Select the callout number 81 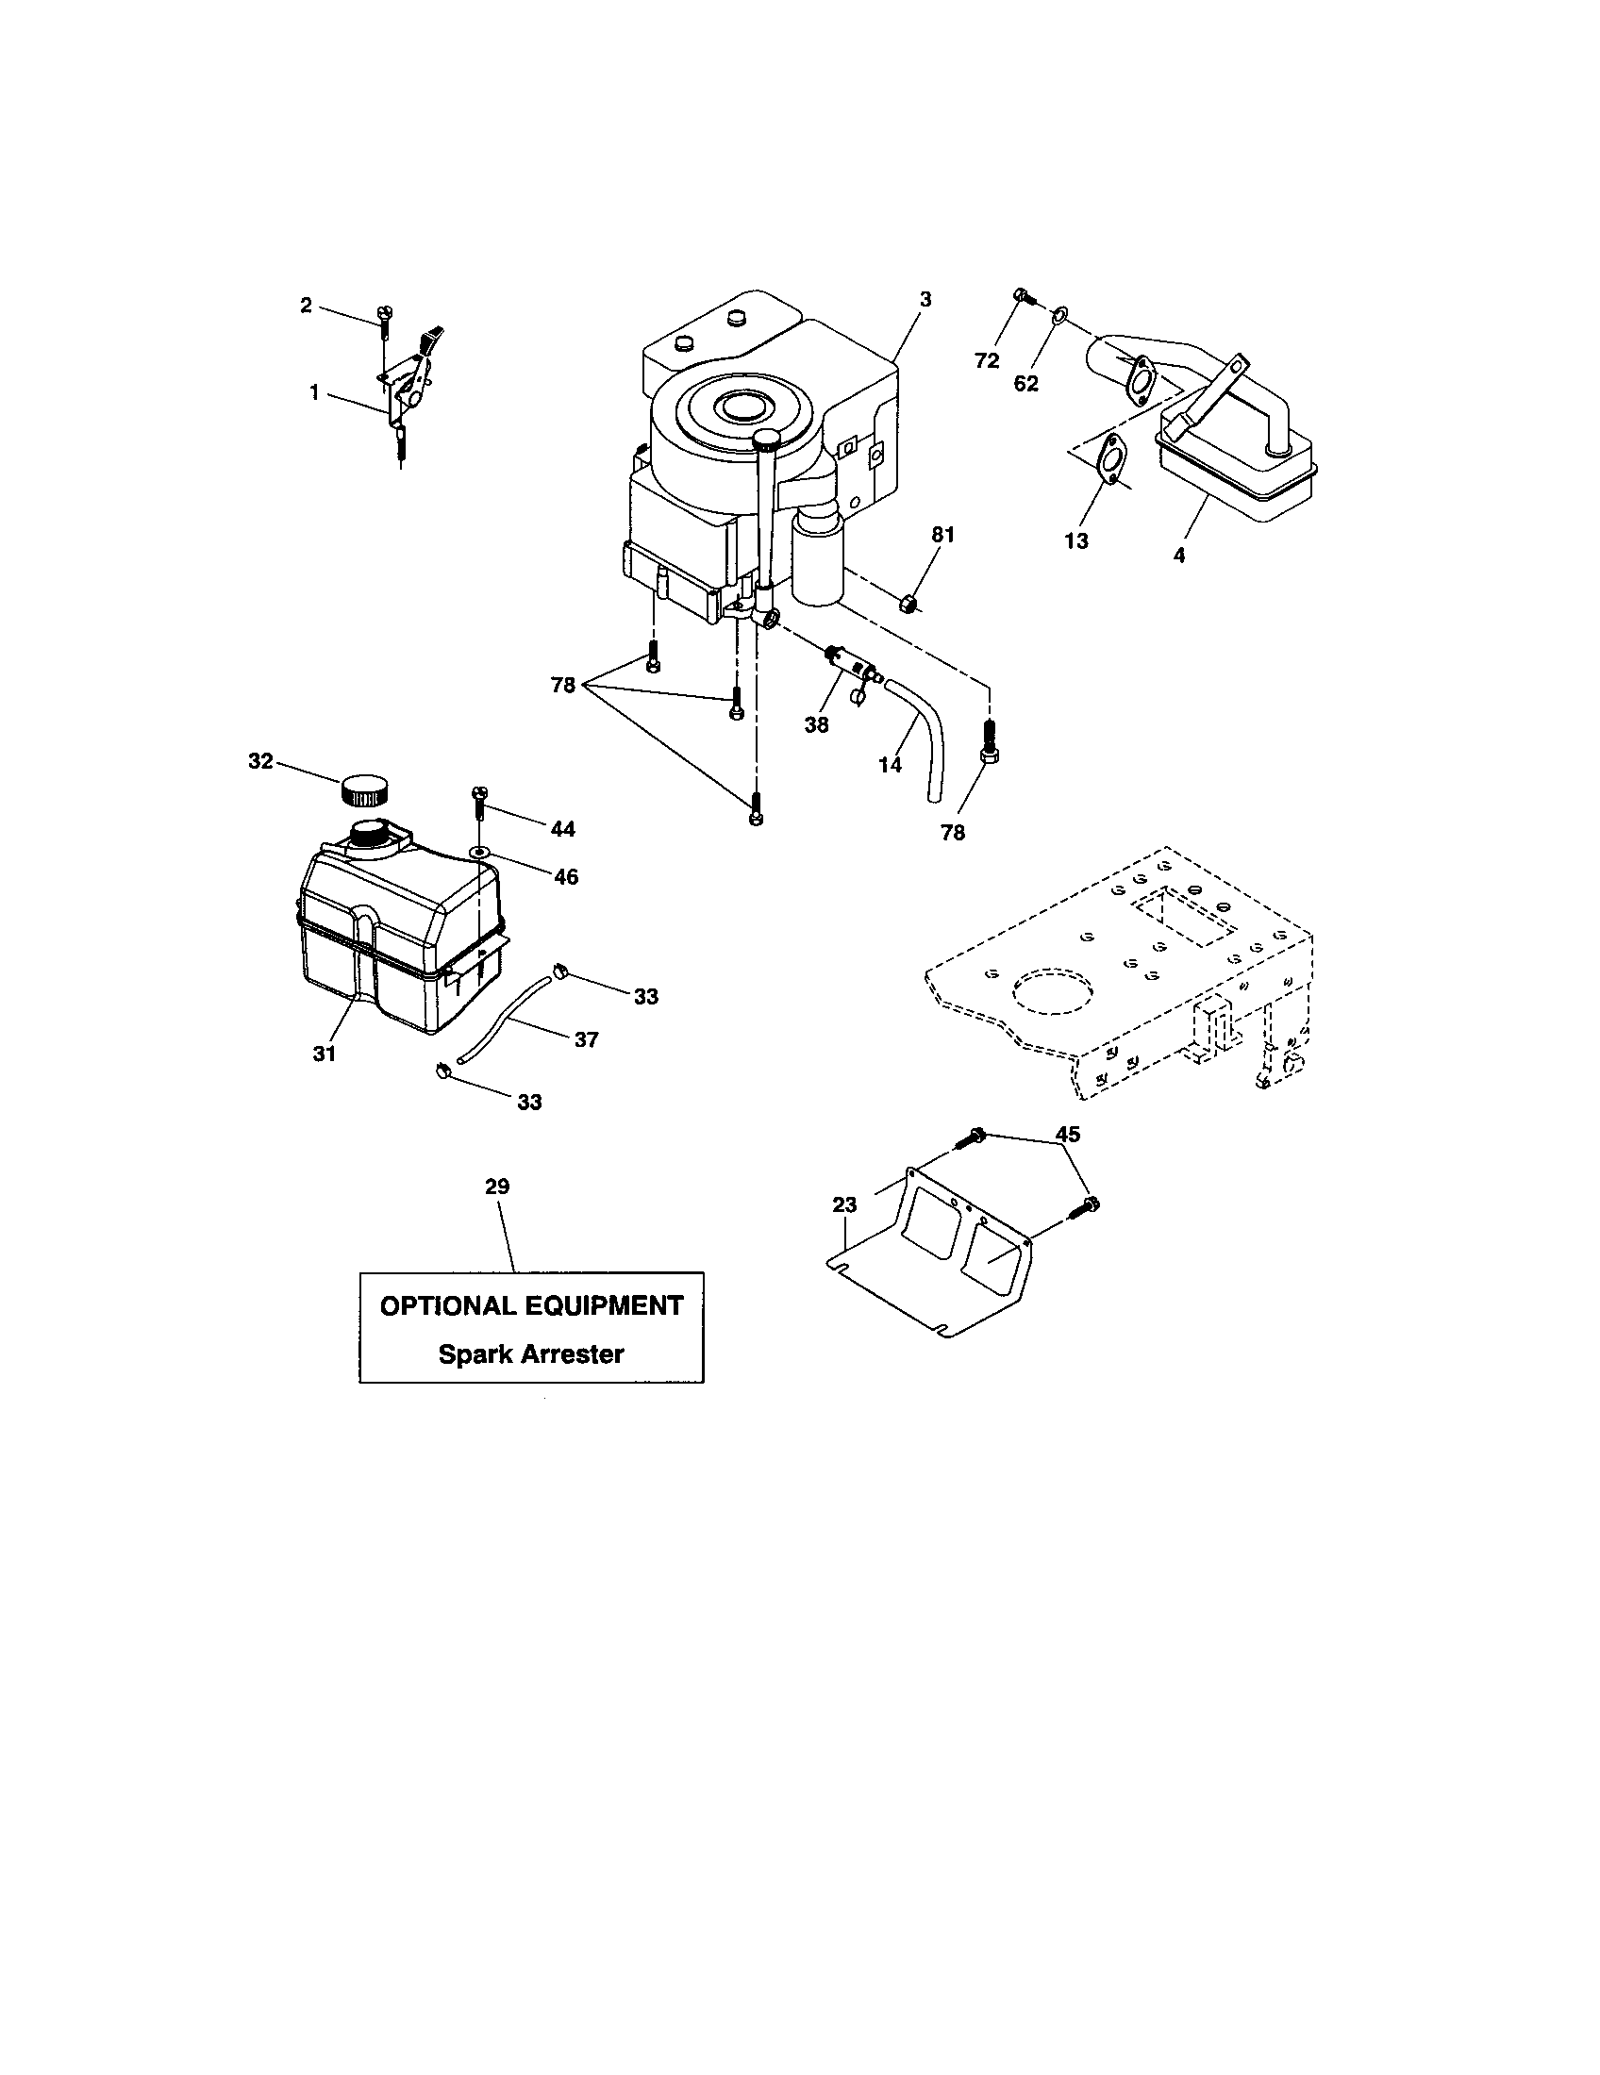pos(942,535)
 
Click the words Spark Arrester pos(530,1353)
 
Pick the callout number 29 pos(497,1186)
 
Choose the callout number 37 pos(586,1039)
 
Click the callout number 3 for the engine pos(925,298)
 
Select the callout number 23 pos(843,1204)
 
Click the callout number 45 pos(1067,1134)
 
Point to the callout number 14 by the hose pos(890,764)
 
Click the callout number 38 pos(816,725)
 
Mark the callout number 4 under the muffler pos(1179,556)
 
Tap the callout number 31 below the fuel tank pos(325,1053)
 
